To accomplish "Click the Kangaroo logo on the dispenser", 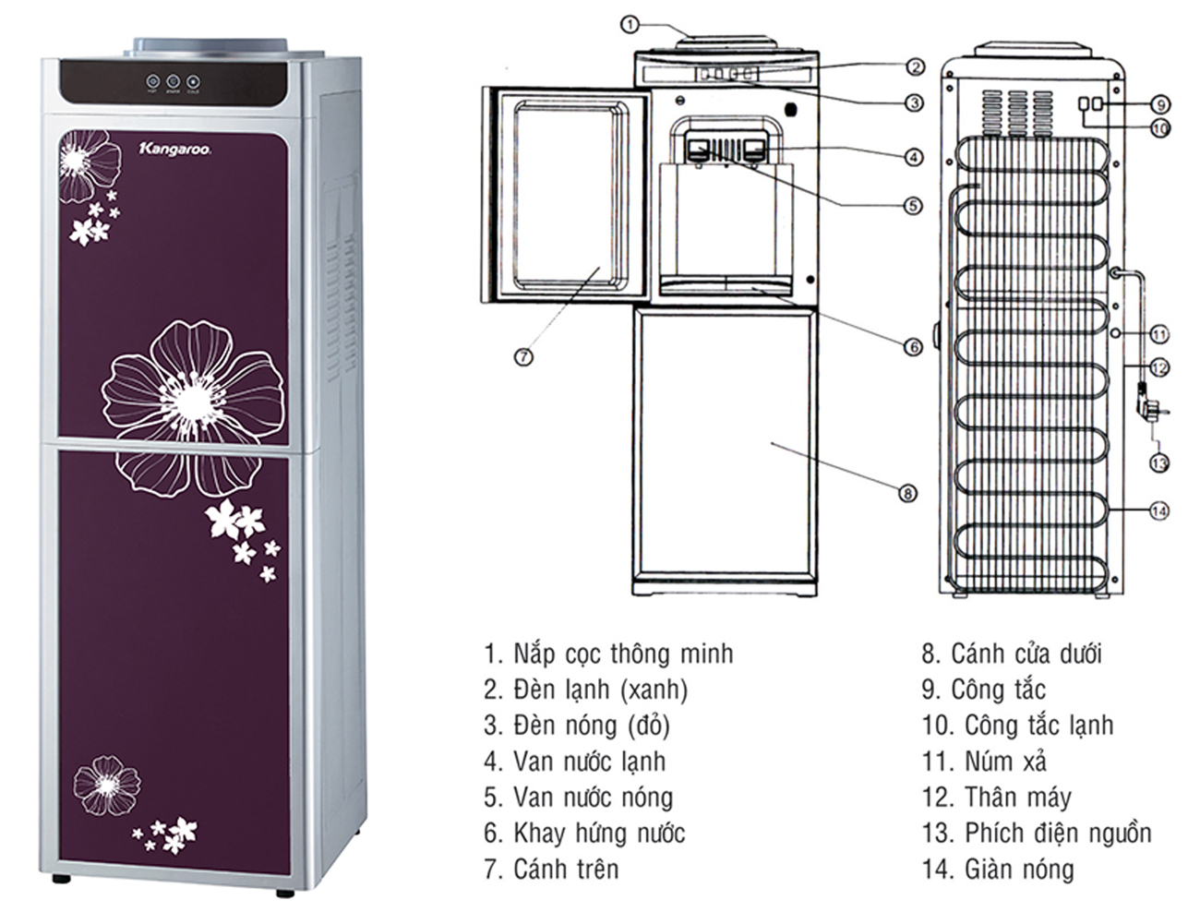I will tap(173, 148).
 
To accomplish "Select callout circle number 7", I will tap(523, 357).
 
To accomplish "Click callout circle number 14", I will tap(1159, 510).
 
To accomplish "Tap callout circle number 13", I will tap(1159, 462).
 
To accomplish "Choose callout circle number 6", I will tap(912, 347).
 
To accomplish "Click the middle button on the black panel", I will tap(173, 81).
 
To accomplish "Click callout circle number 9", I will tap(1160, 103).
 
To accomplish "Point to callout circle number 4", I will tap(913, 157).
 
